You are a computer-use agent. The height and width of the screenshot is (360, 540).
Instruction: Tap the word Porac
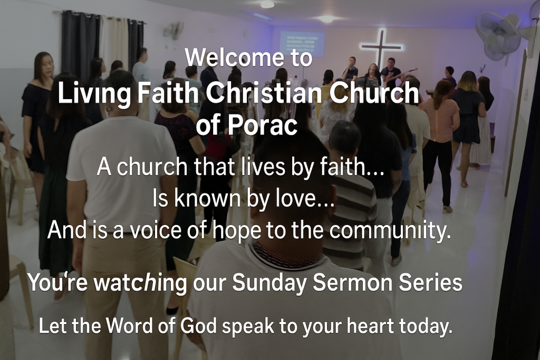tap(263, 125)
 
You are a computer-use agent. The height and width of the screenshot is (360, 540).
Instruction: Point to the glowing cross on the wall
tap(381, 48)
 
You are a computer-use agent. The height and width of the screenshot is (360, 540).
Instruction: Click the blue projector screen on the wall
tap(302, 44)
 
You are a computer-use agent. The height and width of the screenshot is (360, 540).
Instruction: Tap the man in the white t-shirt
tap(121, 193)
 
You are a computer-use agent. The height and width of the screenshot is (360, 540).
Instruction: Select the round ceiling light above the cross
tap(326, 19)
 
